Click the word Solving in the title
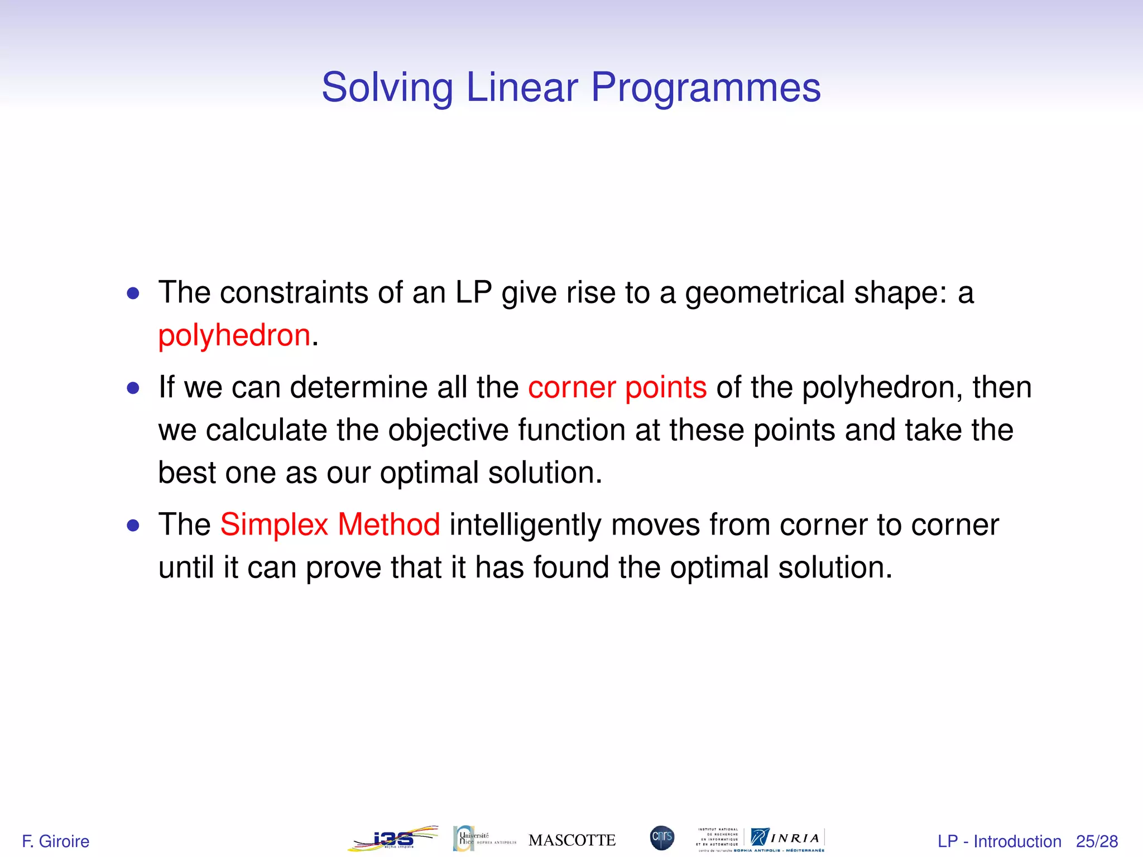coord(386,88)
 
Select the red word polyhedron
coord(234,336)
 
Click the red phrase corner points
coord(617,387)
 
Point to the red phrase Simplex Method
coord(330,525)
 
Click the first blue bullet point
coord(133,293)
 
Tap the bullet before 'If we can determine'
coord(133,388)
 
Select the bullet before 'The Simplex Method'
coord(133,526)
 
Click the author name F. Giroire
coord(55,841)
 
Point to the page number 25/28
coord(1097,841)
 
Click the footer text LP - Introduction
coord(999,841)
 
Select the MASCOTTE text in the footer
coord(572,840)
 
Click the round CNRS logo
coord(662,838)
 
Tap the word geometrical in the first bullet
coord(765,293)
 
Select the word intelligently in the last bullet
coord(525,525)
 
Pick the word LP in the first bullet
coord(473,293)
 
